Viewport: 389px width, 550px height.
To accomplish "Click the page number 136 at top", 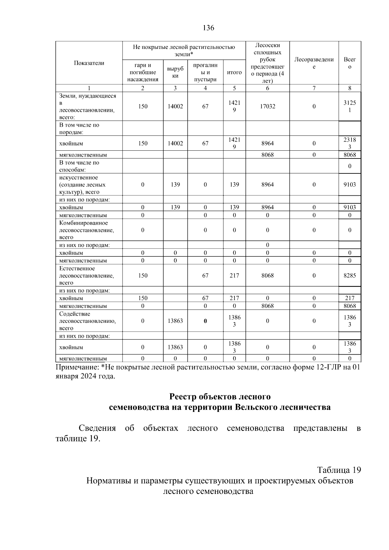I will point(208,28).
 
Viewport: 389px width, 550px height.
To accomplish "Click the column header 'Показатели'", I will point(89,63).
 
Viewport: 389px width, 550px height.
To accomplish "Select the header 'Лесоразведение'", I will point(314,63).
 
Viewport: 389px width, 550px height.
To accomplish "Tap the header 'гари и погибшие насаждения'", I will point(143,72).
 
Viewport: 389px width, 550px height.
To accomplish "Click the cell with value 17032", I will point(267,106).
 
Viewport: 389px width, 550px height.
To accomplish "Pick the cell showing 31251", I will point(349,106).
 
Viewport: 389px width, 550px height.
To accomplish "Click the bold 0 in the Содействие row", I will point(205,321).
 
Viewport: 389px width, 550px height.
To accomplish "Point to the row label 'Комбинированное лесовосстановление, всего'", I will point(87,230).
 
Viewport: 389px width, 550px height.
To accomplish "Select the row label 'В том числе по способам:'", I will point(79,166).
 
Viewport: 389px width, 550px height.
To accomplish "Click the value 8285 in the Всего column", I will point(349,275).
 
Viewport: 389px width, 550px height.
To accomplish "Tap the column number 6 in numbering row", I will point(267,88).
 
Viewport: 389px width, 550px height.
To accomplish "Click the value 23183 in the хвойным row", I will point(349,143).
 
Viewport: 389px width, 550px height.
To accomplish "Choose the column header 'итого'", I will point(234,72).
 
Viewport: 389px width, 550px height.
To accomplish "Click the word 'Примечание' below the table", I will point(76,368).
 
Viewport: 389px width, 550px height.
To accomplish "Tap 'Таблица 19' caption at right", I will point(339,470).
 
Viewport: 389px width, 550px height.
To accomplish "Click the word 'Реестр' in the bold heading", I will point(183,397).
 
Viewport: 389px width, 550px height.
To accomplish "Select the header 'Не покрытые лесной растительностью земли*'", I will point(184,51).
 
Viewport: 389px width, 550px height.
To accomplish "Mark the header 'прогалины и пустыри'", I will point(205,72).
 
